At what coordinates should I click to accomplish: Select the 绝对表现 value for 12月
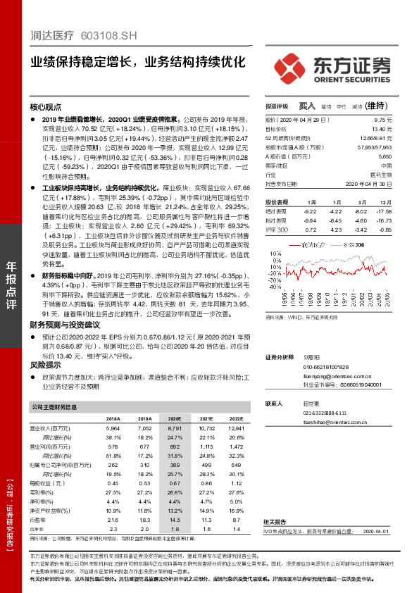(383, 211)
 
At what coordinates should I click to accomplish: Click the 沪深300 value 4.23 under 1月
(337, 230)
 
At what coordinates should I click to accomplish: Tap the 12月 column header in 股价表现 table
(384, 201)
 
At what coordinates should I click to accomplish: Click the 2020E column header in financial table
(174, 418)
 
